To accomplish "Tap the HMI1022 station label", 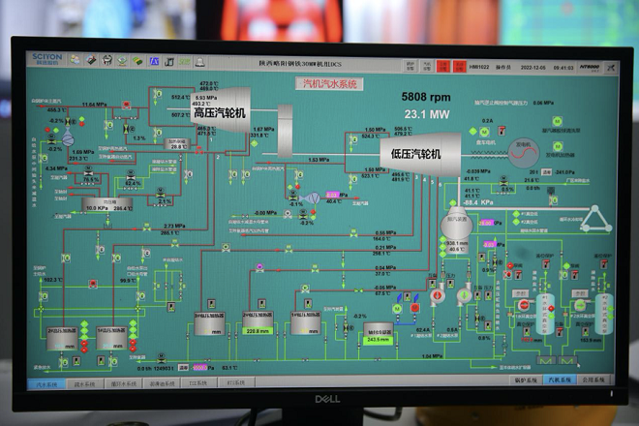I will [x=480, y=66].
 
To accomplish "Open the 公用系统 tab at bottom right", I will [x=593, y=380].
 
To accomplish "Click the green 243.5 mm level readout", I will [x=378, y=340].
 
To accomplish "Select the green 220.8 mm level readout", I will [x=257, y=331].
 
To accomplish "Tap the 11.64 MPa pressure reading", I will [x=94, y=104].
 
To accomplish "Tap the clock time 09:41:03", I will [x=563, y=66].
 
